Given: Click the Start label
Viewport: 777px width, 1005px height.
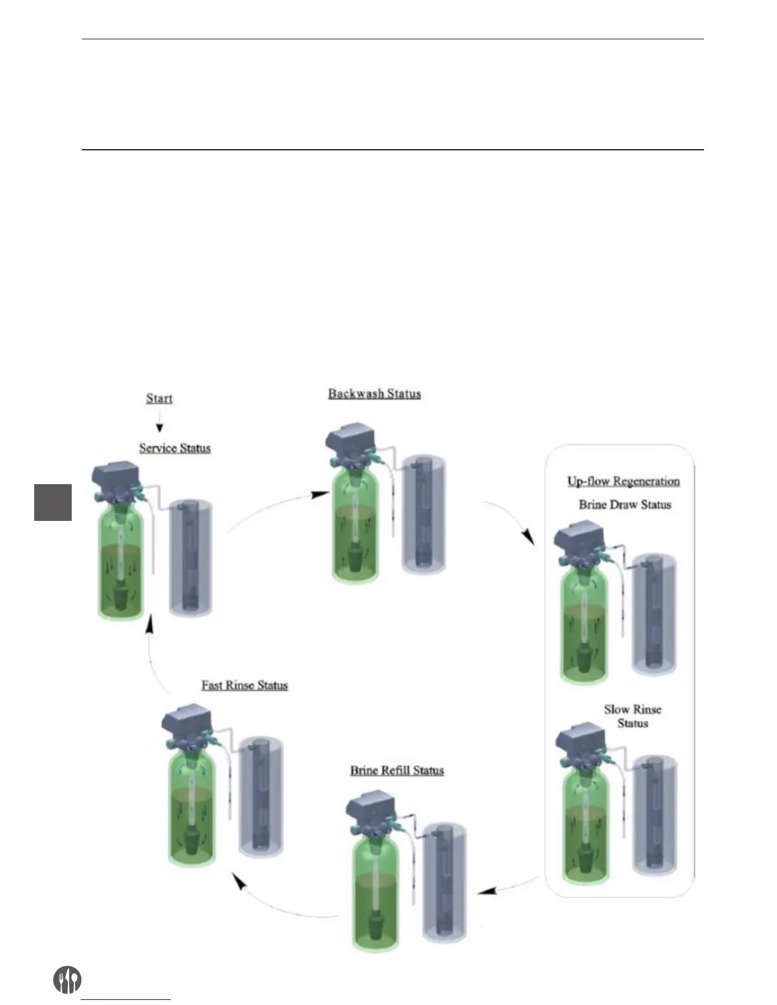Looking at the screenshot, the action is click(x=159, y=398).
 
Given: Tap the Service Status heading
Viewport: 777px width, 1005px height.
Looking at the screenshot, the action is click(x=175, y=448).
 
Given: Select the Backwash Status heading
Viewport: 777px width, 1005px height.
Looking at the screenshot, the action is click(x=375, y=393).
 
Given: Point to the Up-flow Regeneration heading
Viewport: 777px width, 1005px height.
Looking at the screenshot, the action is click(x=623, y=481).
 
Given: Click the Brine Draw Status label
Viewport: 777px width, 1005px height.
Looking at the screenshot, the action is click(x=625, y=505).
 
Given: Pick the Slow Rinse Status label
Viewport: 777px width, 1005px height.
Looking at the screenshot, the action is click(x=632, y=716).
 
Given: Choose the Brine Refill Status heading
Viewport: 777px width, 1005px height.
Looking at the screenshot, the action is click(x=397, y=770).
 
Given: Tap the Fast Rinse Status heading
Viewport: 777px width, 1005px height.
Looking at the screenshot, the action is click(x=244, y=685).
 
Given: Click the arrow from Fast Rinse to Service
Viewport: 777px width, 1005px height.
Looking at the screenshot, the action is click(x=152, y=654).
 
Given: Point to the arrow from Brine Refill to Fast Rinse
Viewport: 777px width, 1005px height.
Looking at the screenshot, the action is click(x=279, y=901).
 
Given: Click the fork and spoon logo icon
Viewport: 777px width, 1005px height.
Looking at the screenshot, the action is click(x=66, y=980).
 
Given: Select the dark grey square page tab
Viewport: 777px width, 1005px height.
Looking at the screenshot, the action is click(x=53, y=502).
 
